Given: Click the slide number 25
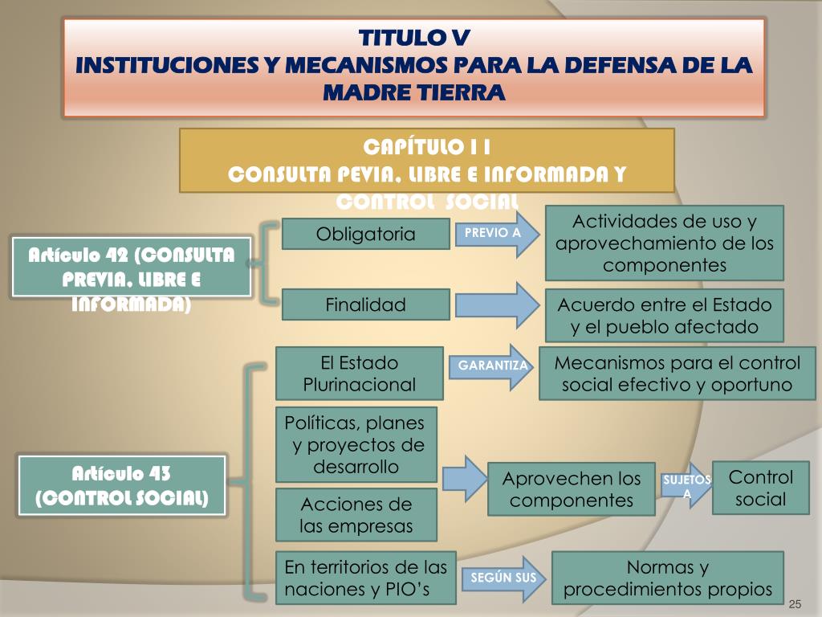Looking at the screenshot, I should (796, 603).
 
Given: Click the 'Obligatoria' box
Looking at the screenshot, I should (366, 234).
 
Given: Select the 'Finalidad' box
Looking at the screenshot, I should (366, 304).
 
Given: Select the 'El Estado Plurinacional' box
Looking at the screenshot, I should (359, 373).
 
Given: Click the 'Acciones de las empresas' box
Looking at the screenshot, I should (356, 515).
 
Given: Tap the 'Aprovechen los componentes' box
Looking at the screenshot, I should (572, 489).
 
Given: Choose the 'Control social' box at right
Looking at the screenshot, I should (760, 488).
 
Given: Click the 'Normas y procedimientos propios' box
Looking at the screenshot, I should (667, 578).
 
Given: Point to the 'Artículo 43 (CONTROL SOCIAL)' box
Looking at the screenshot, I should (122, 484).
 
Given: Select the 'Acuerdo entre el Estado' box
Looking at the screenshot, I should (664, 316).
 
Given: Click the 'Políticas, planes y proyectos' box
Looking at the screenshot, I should (356, 444).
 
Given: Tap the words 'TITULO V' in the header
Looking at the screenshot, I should (413, 38).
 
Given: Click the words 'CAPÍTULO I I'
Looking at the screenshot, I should (426, 148).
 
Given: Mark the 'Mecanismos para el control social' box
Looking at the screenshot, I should (677, 373).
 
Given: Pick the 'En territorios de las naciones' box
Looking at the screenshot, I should (365, 578).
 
